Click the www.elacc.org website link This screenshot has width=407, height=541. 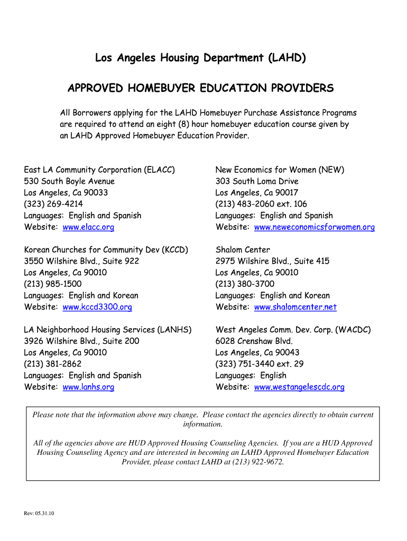point(88,227)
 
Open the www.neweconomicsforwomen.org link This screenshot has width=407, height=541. point(314,227)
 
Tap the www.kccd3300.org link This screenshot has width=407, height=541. point(97,307)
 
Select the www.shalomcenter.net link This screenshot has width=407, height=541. point(295,307)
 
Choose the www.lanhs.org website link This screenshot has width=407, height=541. point(88,387)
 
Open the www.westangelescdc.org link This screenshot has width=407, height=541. point(299,387)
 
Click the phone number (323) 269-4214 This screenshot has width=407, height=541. point(53,204)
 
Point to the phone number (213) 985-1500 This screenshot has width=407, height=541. point(53,284)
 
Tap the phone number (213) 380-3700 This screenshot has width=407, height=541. point(245,284)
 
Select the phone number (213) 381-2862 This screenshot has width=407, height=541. point(53,363)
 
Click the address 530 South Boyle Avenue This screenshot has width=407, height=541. point(69,181)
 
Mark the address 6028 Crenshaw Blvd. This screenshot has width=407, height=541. point(254,341)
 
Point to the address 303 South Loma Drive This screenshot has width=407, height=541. point(257,181)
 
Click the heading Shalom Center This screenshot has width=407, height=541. point(243,249)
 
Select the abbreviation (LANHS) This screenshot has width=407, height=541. point(174,330)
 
